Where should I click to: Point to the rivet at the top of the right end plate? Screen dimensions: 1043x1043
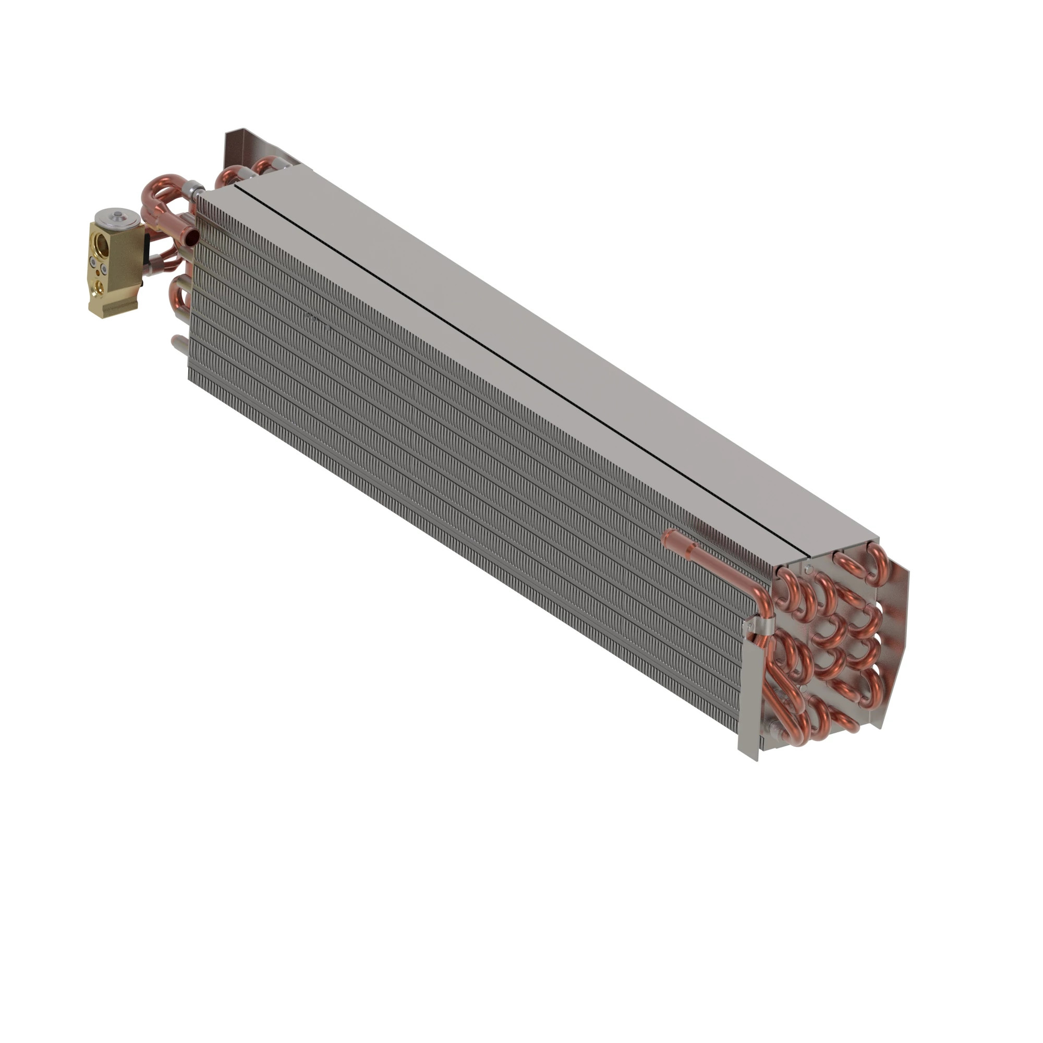point(808,568)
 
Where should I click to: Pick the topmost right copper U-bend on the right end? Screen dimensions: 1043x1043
point(876,564)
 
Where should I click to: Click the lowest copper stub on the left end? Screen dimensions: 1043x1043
point(179,346)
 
